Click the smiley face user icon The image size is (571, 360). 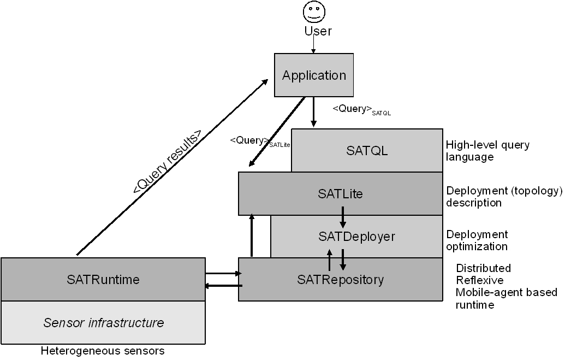(x=314, y=11)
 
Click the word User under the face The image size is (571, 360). (x=317, y=31)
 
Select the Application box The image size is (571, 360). (x=314, y=75)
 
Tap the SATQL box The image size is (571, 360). (x=367, y=151)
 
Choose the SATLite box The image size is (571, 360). (x=340, y=193)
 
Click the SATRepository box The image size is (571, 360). (x=340, y=280)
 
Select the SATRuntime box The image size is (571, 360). (x=103, y=280)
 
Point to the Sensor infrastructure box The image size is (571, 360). (x=103, y=323)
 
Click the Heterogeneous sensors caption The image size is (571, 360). (x=103, y=351)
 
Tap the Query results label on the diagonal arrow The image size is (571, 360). (x=167, y=162)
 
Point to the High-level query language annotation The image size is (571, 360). (x=487, y=151)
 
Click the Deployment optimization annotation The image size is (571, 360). (x=477, y=240)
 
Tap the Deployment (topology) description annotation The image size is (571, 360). (x=504, y=197)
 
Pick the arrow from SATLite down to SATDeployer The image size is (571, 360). (x=343, y=217)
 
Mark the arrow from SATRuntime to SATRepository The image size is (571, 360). (x=223, y=273)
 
